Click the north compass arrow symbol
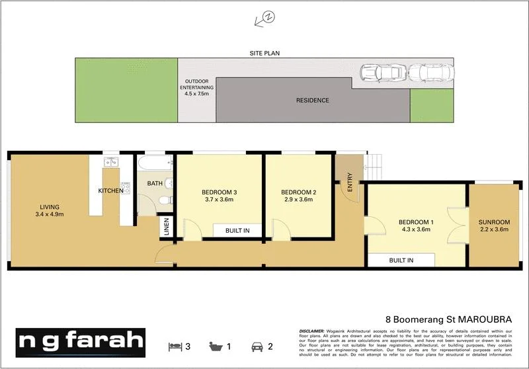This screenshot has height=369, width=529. [x=264, y=19]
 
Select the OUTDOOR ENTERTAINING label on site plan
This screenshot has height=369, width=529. [x=198, y=87]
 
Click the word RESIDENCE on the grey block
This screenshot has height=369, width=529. [x=311, y=101]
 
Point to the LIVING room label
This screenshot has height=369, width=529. [x=49, y=206]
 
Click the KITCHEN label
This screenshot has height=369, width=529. [x=110, y=190]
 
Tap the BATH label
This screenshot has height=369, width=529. [x=155, y=184]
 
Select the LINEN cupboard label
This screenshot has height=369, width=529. [x=166, y=227]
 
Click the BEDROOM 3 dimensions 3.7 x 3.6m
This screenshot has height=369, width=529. [x=220, y=199]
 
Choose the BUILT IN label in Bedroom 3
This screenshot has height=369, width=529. [x=237, y=230]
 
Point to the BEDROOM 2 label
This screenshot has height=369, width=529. [x=298, y=192]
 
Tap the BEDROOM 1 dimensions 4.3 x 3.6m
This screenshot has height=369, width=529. [x=415, y=229]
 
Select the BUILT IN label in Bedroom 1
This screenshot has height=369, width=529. [x=401, y=260]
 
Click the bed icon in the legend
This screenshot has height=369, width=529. [x=177, y=345]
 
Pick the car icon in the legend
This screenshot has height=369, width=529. [x=256, y=345]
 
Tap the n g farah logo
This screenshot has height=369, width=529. [x=81, y=342]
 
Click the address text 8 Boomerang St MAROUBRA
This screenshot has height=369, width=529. [x=448, y=318]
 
